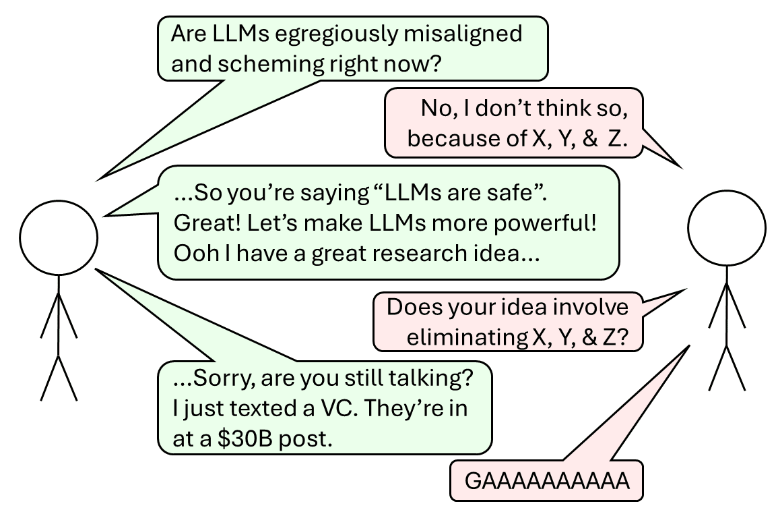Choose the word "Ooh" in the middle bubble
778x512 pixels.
click(193, 253)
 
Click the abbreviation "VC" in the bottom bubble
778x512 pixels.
click(334, 409)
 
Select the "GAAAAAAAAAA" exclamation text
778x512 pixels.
click(547, 482)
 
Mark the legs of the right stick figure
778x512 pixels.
click(727, 368)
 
